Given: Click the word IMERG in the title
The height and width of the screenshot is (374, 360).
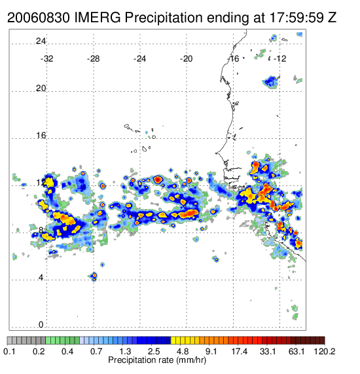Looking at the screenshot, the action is tap(98, 18).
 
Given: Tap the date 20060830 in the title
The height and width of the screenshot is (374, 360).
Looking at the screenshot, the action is tap(39, 18).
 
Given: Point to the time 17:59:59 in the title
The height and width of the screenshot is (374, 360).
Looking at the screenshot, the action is tap(296, 18).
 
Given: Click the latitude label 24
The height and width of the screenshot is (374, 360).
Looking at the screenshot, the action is tap(41, 41).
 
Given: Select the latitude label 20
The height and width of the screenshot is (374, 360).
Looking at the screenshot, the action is tap(41, 88).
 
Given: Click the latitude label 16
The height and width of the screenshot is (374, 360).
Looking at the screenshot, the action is tap(41, 136).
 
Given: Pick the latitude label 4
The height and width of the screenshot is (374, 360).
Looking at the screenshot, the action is tap(41, 278).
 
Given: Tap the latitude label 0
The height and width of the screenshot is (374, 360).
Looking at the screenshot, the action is tap(41, 325).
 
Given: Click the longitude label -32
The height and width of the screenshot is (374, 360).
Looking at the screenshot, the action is tap(46, 59).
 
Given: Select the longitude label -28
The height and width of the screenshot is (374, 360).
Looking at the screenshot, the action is tap(93, 59).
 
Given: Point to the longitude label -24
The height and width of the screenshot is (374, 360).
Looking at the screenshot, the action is tap(139, 59).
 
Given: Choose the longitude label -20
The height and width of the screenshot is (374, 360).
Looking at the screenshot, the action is tap(186, 59).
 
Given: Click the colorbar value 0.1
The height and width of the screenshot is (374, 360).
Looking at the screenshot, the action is tap(9, 351).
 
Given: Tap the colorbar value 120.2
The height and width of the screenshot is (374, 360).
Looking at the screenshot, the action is tap(325, 351).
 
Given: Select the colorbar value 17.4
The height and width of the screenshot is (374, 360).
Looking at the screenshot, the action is tap(240, 351).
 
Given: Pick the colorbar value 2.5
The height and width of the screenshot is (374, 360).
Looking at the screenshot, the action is tap(154, 351).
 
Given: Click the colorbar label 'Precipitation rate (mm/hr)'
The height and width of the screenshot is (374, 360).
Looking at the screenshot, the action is tap(157, 360).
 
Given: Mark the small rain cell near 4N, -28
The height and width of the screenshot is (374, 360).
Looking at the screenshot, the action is tap(94, 276).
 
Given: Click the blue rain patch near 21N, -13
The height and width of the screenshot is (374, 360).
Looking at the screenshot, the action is tap(271, 82).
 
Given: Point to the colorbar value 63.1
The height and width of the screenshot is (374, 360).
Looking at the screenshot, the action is tap(297, 351).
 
